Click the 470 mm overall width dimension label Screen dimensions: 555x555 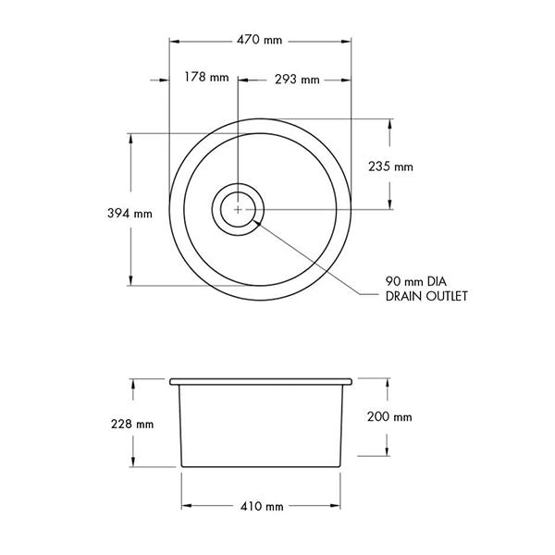260,42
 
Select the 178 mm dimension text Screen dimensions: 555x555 205,79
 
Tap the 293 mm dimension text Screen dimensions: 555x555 297,80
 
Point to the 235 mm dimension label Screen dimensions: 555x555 390,167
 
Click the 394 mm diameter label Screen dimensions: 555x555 130,214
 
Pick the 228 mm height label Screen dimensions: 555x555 131,425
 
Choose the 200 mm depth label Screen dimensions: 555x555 389,417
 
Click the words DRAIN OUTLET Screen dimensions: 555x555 426,297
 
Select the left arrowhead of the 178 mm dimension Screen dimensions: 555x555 155,79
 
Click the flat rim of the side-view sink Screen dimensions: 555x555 261,380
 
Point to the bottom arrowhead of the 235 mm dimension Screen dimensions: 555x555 389,205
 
